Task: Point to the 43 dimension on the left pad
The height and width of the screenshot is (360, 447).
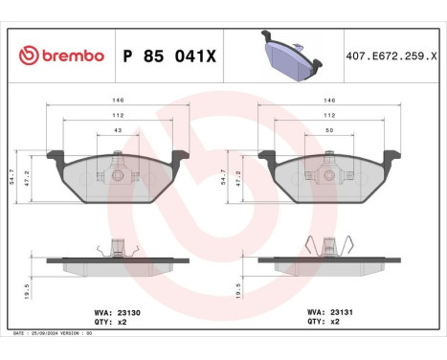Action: click(118, 130)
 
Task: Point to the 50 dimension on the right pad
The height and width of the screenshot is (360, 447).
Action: click(328, 130)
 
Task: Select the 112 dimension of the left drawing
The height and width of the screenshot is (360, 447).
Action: click(118, 115)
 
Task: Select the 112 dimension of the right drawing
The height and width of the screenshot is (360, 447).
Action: click(328, 115)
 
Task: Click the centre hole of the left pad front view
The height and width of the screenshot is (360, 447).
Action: click(117, 175)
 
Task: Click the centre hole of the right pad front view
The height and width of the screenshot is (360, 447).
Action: click(328, 175)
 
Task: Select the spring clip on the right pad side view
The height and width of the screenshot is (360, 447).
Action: click(328, 244)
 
